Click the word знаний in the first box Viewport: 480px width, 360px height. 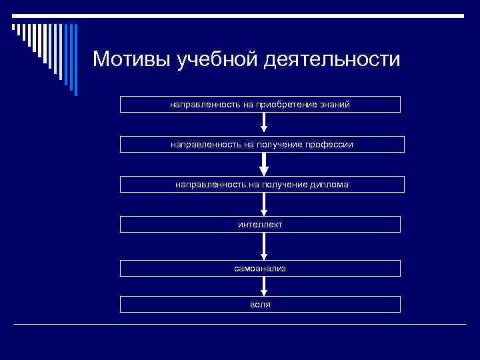[x=335, y=104]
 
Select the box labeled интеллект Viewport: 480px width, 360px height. [x=260, y=224]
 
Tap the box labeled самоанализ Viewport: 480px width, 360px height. [x=260, y=268]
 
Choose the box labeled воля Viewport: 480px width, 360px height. [x=260, y=304]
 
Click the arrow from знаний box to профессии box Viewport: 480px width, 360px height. [x=264, y=123]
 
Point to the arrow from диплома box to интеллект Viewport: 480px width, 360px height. [x=264, y=204]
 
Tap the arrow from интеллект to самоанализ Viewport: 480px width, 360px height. [x=264, y=245]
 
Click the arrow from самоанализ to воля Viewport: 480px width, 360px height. [x=264, y=286]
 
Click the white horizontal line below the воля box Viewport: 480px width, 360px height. [x=240, y=324]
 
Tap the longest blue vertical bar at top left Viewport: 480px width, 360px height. [x=75, y=60]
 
